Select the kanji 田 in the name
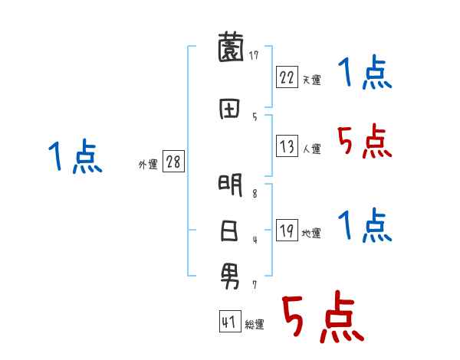[x=231, y=110]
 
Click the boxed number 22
[x=287, y=78]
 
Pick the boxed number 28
[x=173, y=162]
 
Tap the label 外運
[x=148, y=165]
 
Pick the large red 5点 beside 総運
[x=322, y=318]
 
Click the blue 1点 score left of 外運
[x=75, y=159]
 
